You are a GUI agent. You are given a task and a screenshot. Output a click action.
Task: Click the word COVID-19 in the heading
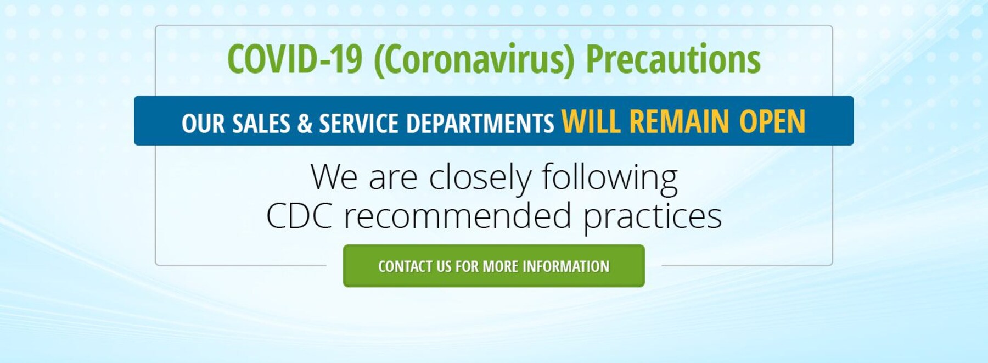click(x=295, y=59)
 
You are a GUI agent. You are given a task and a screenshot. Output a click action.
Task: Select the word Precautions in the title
click(x=673, y=59)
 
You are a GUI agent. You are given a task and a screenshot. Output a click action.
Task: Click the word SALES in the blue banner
click(x=261, y=124)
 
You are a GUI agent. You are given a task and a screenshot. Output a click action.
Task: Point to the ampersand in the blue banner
click(x=305, y=124)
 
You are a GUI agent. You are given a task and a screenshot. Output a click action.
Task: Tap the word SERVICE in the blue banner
click(x=359, y=124)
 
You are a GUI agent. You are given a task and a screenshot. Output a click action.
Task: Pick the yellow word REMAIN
click(x=680, y=121)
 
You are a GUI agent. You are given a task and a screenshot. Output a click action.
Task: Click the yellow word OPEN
click(x=772, y=121)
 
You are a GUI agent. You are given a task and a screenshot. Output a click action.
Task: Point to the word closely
click(x=480, y=178)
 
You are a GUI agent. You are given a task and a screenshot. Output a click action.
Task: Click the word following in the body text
click(x=610, y=178)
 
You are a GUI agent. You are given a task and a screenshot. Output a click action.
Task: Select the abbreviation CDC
click(x=299, y=216)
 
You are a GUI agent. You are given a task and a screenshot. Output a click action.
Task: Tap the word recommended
click(x=458, y=216)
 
